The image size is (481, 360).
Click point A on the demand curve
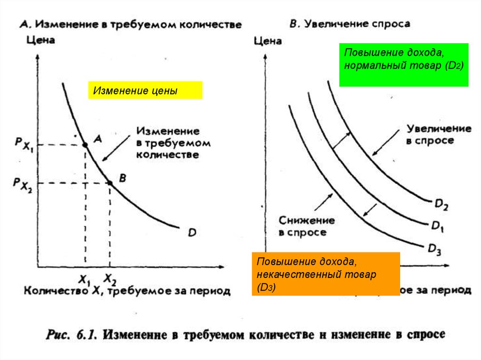[85, 145]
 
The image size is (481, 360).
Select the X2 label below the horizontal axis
[110, 280]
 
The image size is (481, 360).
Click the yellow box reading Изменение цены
[145, 90]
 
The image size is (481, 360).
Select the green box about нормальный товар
[404, 65]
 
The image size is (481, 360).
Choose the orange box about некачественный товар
[326, 274]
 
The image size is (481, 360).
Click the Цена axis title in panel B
[267, 41]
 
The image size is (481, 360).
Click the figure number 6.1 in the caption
[85, 335]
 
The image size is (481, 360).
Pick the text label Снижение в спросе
[307, 226]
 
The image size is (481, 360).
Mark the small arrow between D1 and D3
[370, 210]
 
